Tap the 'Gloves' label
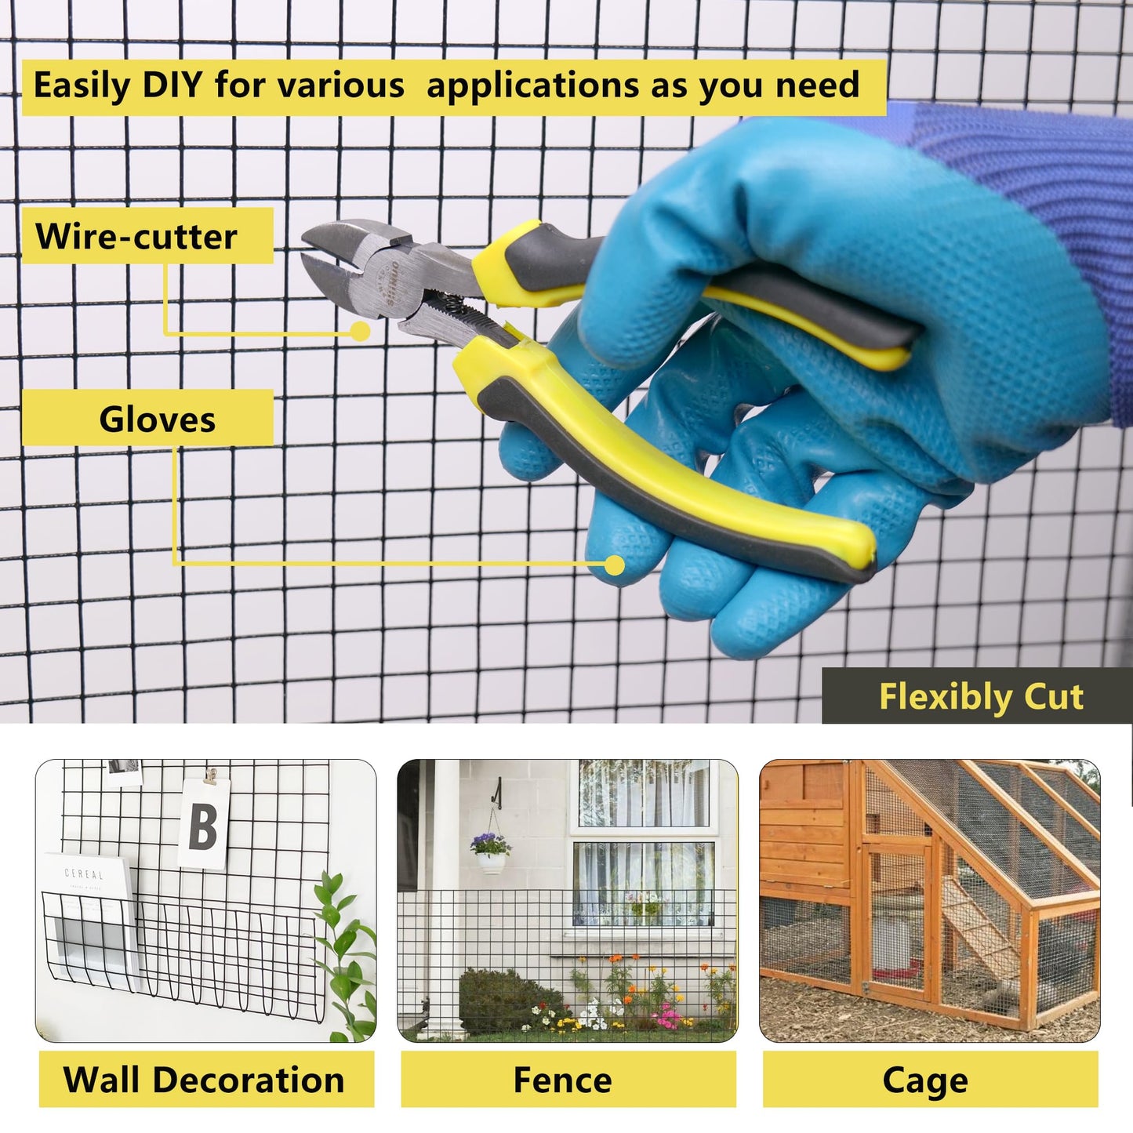pos(157,419)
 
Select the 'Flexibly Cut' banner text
pos(981,697)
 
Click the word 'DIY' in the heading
pos(172,85)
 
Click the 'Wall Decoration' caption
pos(203,1080)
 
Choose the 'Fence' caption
pos(563,1080)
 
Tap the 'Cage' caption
pos(925,1082)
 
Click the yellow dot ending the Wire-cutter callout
pos(360,331)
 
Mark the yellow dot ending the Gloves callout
pos(615,565)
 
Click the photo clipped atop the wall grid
pos(125,773)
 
